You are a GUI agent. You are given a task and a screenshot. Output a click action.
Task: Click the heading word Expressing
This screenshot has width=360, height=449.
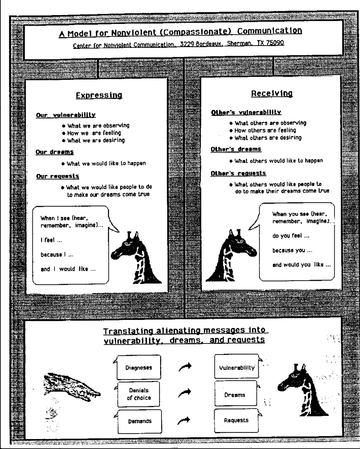pos(99,95)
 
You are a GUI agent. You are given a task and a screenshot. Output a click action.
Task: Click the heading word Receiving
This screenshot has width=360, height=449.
pos(272,94)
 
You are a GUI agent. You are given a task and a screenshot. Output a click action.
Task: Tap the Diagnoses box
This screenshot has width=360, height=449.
pos(138,368)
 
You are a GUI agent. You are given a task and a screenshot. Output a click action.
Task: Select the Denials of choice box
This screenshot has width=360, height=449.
pos(138,394)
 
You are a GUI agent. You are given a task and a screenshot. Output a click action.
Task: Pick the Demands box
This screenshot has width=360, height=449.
pos(139,421)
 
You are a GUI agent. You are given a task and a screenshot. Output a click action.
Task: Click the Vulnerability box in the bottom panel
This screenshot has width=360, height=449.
pos(236,368)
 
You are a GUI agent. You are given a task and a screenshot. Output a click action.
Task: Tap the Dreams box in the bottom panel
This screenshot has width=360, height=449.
pos(235,395)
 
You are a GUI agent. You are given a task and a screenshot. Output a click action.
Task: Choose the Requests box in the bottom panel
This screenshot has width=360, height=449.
pos(236,420)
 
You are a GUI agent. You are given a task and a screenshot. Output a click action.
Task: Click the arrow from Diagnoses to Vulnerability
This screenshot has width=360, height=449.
pos(185,367)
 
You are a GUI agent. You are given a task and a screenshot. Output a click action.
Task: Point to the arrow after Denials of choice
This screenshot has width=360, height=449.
pos(184,393)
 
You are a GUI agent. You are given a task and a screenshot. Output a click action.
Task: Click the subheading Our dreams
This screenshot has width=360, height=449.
pos(55,152)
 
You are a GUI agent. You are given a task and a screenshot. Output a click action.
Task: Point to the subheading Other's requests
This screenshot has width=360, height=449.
pos(238,173)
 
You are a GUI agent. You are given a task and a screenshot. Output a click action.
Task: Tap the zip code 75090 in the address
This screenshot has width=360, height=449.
pos(275,43)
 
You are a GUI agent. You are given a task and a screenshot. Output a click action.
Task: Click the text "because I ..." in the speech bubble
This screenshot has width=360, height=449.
pos(57,255)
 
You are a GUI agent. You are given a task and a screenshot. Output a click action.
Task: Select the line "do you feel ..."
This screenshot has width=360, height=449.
pos(290,236)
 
